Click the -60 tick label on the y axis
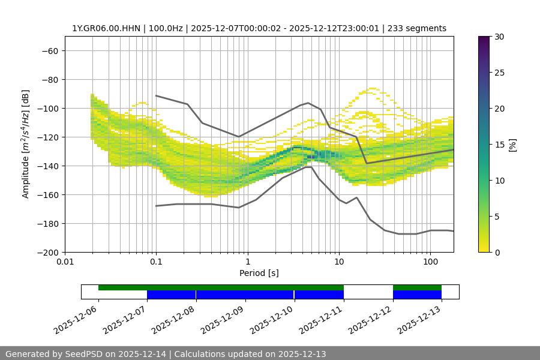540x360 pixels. [x=49, y=50]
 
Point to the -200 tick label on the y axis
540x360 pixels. [x=46, y=252]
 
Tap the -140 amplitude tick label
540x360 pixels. [x=46, y=166]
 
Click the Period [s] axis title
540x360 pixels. [x=259, y=273]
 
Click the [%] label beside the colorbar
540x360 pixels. [x=512, y=145]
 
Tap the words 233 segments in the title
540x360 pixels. [x=417, y=28]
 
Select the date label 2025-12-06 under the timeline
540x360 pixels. [x=77, y=321]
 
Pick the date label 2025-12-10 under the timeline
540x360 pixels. [x=274, y=321]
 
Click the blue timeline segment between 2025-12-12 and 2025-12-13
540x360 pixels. [x=417, y=295]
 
